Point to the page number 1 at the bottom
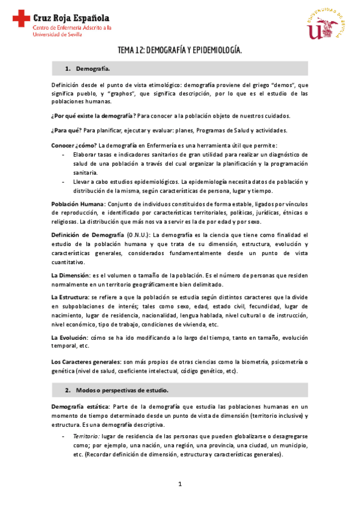click(179, 484)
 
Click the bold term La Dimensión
click(70, 276)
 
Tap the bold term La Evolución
click(69, 337)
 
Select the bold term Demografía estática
click(80, 408)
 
